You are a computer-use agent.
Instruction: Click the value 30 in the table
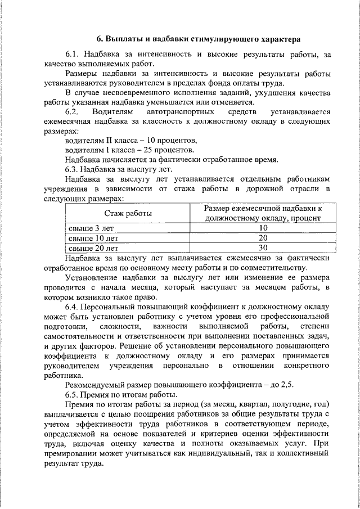(262, 247)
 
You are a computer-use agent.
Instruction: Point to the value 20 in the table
(262, 238)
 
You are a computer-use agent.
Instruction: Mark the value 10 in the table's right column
(262, 228)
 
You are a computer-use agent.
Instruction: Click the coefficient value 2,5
(287, 385)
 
